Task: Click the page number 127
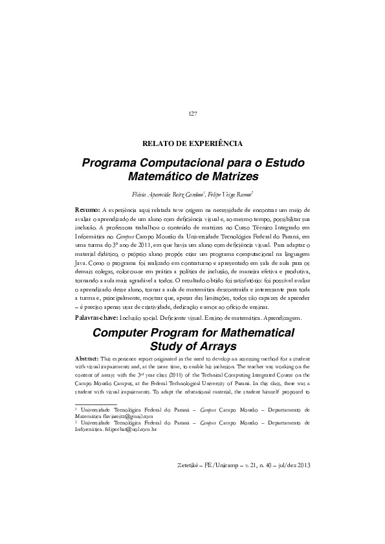(192, 114)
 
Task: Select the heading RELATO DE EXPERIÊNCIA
(192, 143)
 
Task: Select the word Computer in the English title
(118, 333)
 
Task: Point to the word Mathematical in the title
(252, 333)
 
